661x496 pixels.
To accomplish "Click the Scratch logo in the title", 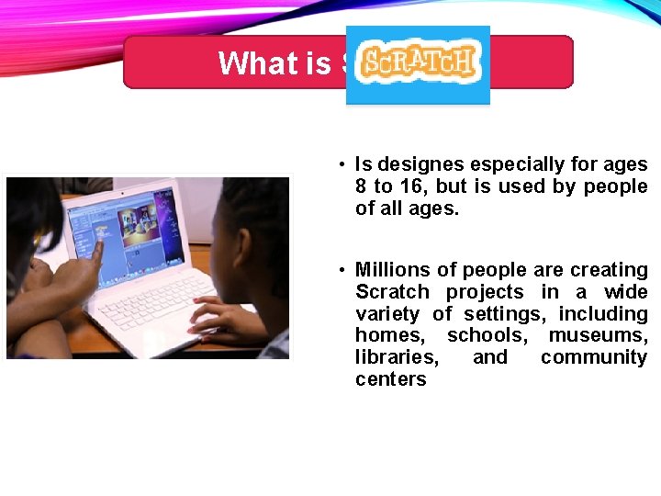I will coord(418,62).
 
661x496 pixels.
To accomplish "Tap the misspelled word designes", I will coord(420,165).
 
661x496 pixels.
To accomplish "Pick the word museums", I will coord(598,335).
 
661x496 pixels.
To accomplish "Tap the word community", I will coord(594,357).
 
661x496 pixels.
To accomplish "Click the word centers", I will coord(391,379).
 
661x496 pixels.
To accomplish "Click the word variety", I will coord(387,313).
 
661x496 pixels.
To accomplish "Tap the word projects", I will coord(485,292).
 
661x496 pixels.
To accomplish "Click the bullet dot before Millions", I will coord(341,270).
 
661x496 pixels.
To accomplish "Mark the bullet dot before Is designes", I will coord(341,165).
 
